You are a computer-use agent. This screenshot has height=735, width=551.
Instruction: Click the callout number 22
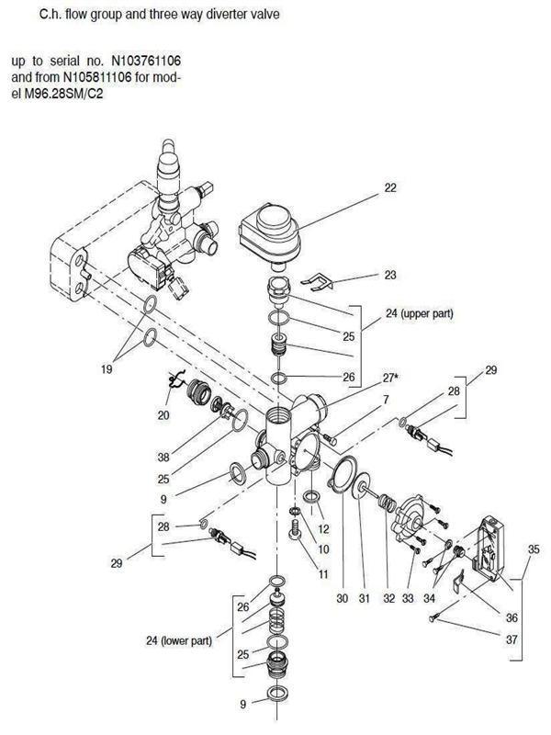[x=390, y=188]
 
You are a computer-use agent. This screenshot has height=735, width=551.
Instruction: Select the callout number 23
[x=390, y=275]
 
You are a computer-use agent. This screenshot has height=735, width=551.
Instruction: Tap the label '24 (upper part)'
[x=420, y=313]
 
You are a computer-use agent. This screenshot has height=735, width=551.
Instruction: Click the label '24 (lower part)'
[x=179, y=640]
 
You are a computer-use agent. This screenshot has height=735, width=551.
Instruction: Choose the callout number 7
[x=386, y=400]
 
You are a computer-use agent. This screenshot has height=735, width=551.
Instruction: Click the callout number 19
[x=107, y=369]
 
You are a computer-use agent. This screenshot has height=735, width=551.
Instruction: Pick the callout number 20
[x=163, y=415]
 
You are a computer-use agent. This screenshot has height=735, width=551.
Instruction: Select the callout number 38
[x=163, y=457]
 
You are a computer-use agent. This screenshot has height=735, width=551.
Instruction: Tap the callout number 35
[x=534, y=548]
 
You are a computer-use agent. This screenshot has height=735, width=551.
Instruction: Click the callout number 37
[x=512, y=639]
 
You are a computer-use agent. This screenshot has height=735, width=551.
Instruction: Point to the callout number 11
[x=324, y=574]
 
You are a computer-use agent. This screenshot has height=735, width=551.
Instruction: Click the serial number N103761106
[x=146, y=61]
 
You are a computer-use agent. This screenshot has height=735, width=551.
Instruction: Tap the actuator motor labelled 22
[x=269, y=234]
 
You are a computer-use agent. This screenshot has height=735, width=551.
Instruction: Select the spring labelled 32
[x=387, y=503]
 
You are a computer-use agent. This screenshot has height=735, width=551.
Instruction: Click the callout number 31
[x=365, y=599]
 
